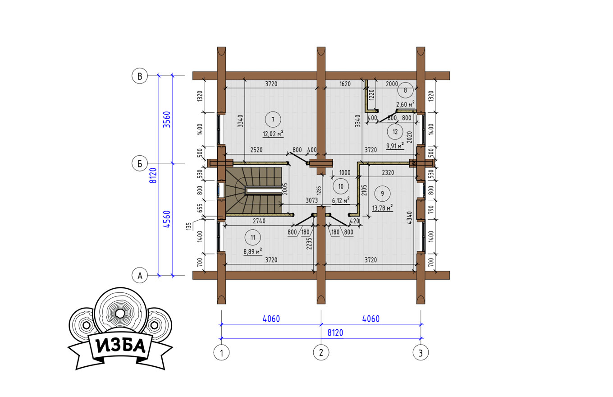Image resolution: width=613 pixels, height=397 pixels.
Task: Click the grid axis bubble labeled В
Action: tap(140, 76)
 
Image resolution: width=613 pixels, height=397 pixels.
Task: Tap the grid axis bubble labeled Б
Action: tap(140, 163)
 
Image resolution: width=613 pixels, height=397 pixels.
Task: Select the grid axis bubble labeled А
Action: tap(140, 275)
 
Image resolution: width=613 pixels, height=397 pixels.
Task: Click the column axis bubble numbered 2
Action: tap(321, 352)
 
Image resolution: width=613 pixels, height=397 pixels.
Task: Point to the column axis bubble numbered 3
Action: tap(421, 352)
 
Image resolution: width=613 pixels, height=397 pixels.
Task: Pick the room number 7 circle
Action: tap(273, 120)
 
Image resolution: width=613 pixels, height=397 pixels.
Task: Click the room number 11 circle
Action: tap(253, 237)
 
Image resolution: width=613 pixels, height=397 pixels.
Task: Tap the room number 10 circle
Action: tap(341, 186)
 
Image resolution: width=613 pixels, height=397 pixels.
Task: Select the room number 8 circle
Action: tap(405, 90)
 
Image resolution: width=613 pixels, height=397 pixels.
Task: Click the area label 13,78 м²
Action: tap(382, 208)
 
